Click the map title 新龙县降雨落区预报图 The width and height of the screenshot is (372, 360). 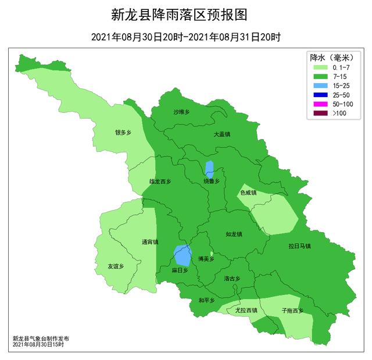point(186,14)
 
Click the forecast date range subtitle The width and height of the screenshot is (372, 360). point(186,37)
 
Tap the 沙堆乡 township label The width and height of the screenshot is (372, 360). point(182,112)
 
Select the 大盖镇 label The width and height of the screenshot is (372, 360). point(222,134)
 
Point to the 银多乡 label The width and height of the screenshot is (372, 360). point(123,133)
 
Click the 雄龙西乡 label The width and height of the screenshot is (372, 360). point(160,181)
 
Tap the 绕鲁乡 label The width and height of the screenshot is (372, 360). point(212,181)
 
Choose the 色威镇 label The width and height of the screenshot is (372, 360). point(248,193)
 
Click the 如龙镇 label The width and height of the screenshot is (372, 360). point(234,234)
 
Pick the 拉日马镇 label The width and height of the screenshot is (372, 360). point(299,246)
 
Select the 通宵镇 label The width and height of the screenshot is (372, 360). point(149,243)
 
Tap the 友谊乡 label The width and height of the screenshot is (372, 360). point(116,266)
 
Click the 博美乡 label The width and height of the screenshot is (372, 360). point(206,259)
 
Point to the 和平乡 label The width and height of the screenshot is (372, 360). point(206,300)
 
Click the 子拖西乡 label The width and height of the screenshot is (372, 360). point(292,311)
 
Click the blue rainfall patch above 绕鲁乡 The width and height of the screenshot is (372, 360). point(209,169)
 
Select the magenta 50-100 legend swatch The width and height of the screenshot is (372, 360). point(320,103)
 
